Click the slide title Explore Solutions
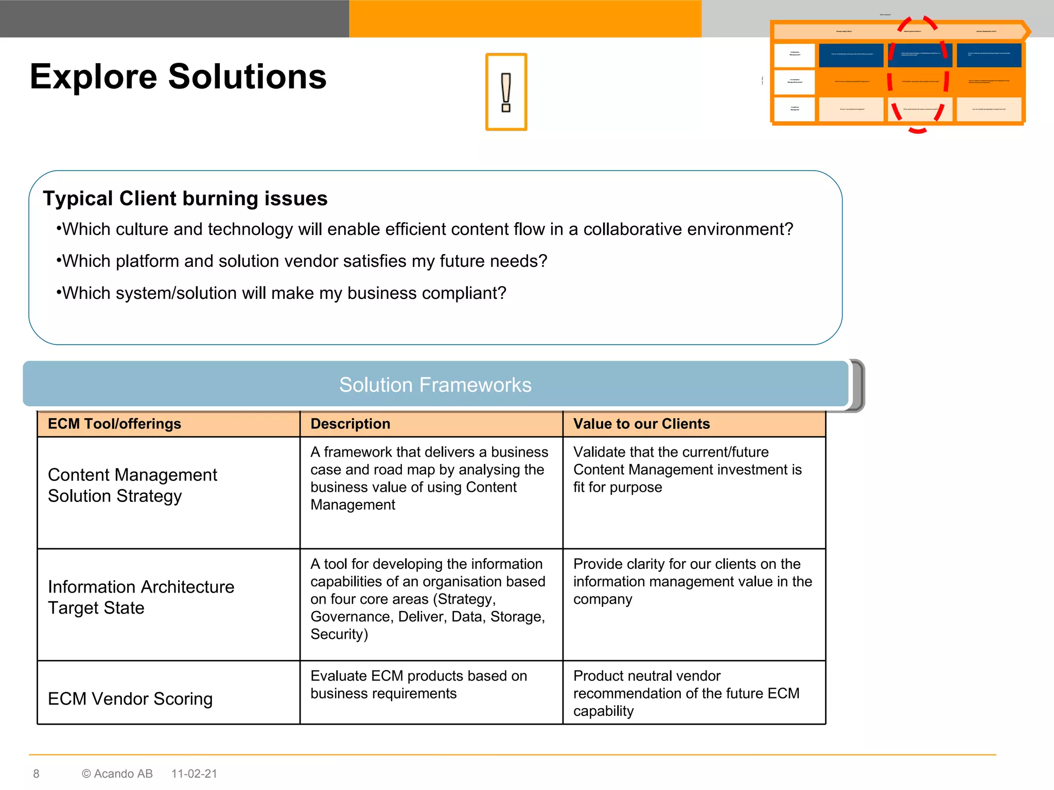click(178, 77)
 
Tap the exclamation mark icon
click(506, 92)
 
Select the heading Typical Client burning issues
click(185, 199)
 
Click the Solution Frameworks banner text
click(435, 385)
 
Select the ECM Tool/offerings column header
click(114, 424)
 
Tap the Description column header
click(350, 424)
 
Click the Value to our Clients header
click(641, 424)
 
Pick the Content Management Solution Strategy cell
click(132, 485)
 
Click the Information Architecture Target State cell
click(140, 597)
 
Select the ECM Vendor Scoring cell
click(130, 698)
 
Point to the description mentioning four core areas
click(428, 599)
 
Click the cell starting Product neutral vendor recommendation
click(686, 693)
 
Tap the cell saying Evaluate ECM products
click(418, 685)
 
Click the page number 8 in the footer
click(36, 774)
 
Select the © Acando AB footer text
click(117, 774)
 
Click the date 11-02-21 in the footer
click(194, 774)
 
